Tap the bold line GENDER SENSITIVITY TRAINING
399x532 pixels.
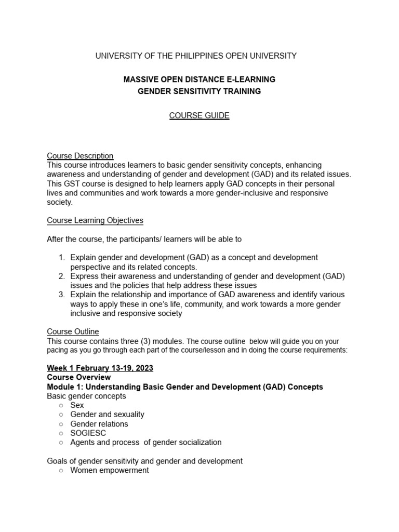click(x=199, y=91)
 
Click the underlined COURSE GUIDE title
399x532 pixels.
click(x=199, y=115)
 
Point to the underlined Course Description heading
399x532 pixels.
click(x=80, y=155)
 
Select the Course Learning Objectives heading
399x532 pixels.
click(x=95, y=220)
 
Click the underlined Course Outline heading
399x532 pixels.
click(x=73, y=331)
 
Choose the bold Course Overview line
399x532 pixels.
click(x=78, y=377)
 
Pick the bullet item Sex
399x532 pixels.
click(x=77, y=405)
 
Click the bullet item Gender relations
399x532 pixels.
click(x=99, y=424)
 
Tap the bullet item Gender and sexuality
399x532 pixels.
click(x=107, y=415)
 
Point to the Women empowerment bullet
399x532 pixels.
click(x=109, y=470)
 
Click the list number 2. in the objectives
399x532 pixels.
click(x=62, y=276)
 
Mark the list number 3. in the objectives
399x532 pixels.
click(x=62, y=295)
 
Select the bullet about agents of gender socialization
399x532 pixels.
click(x=145, y=443)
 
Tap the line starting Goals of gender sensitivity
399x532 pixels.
click(x=144, y=461)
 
